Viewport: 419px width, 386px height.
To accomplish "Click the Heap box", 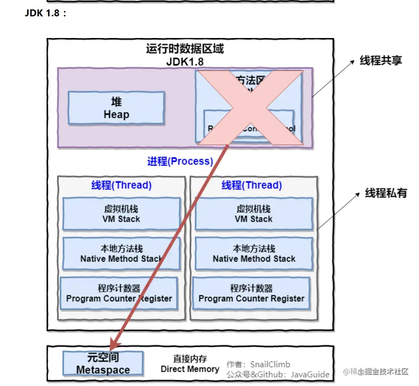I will click(x=116, y=108).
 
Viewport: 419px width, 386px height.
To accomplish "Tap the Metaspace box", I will click(x=103, y=364).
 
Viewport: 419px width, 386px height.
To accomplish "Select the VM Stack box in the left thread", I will click(x=121, y=214).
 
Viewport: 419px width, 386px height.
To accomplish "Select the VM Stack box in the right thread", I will click(x=254, y=214).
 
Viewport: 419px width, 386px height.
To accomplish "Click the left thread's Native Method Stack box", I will click(x=121, y=254).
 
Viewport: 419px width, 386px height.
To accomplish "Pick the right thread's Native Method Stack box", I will click(x=254, y=254).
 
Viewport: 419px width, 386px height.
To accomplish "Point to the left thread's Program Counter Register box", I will click(x=119, y=293).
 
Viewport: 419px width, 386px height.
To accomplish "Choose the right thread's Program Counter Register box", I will click(x=251, y=293).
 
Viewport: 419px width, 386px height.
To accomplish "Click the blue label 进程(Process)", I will click(x=180, y=161).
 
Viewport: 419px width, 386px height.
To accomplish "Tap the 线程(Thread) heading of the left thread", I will click(x=121, y=185).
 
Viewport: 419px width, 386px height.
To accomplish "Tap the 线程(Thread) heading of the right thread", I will click(x=252, y=185).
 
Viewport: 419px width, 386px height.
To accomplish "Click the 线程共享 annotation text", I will click(x=381, y=61).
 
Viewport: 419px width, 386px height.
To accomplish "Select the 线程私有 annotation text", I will click(x=386, y=193).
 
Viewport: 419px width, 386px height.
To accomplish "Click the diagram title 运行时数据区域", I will click(x=185, y=49).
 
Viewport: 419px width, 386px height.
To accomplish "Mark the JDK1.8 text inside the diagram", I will click(x=185, y=62).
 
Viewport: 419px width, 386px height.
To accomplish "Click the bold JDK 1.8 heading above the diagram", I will click(x=45, y=13).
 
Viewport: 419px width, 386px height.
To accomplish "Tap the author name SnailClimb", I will click(x=270, y=364).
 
